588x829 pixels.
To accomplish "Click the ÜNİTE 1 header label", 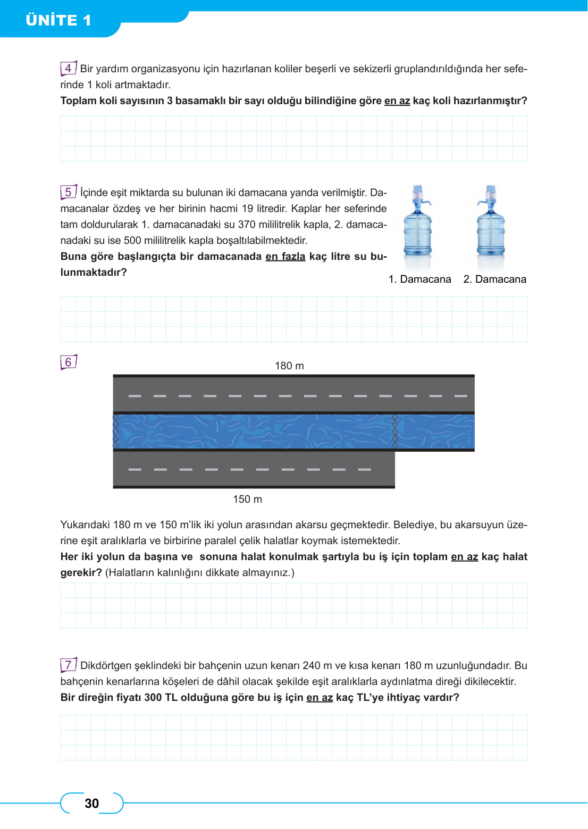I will coord(58,20).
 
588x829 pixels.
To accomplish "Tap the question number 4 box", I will coord(68,69).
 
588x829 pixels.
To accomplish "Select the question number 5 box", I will coord(68,192).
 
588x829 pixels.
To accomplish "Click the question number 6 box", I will coord(68,362).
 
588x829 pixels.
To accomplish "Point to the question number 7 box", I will coord(68,665).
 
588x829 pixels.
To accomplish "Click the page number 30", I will coord(92,803).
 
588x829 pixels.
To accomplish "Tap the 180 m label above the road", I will coord(289,366).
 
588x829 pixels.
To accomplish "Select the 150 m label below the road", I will coord(247,499).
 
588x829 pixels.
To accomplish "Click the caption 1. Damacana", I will coord(419,279).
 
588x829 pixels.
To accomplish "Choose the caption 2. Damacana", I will coord(494,279).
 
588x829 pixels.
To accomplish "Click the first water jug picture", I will coord(418,226).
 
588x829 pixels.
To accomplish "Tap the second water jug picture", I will coord(491,226).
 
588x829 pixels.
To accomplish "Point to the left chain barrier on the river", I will coord(116,431).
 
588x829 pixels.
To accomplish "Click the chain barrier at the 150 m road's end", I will coord(394,431).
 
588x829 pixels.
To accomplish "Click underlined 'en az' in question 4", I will coord(397,100).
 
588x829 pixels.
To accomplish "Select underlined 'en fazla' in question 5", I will coord(285,256).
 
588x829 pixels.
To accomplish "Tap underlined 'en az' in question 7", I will coord(320,697).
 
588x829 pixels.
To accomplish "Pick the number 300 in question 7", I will coord(153,697).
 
